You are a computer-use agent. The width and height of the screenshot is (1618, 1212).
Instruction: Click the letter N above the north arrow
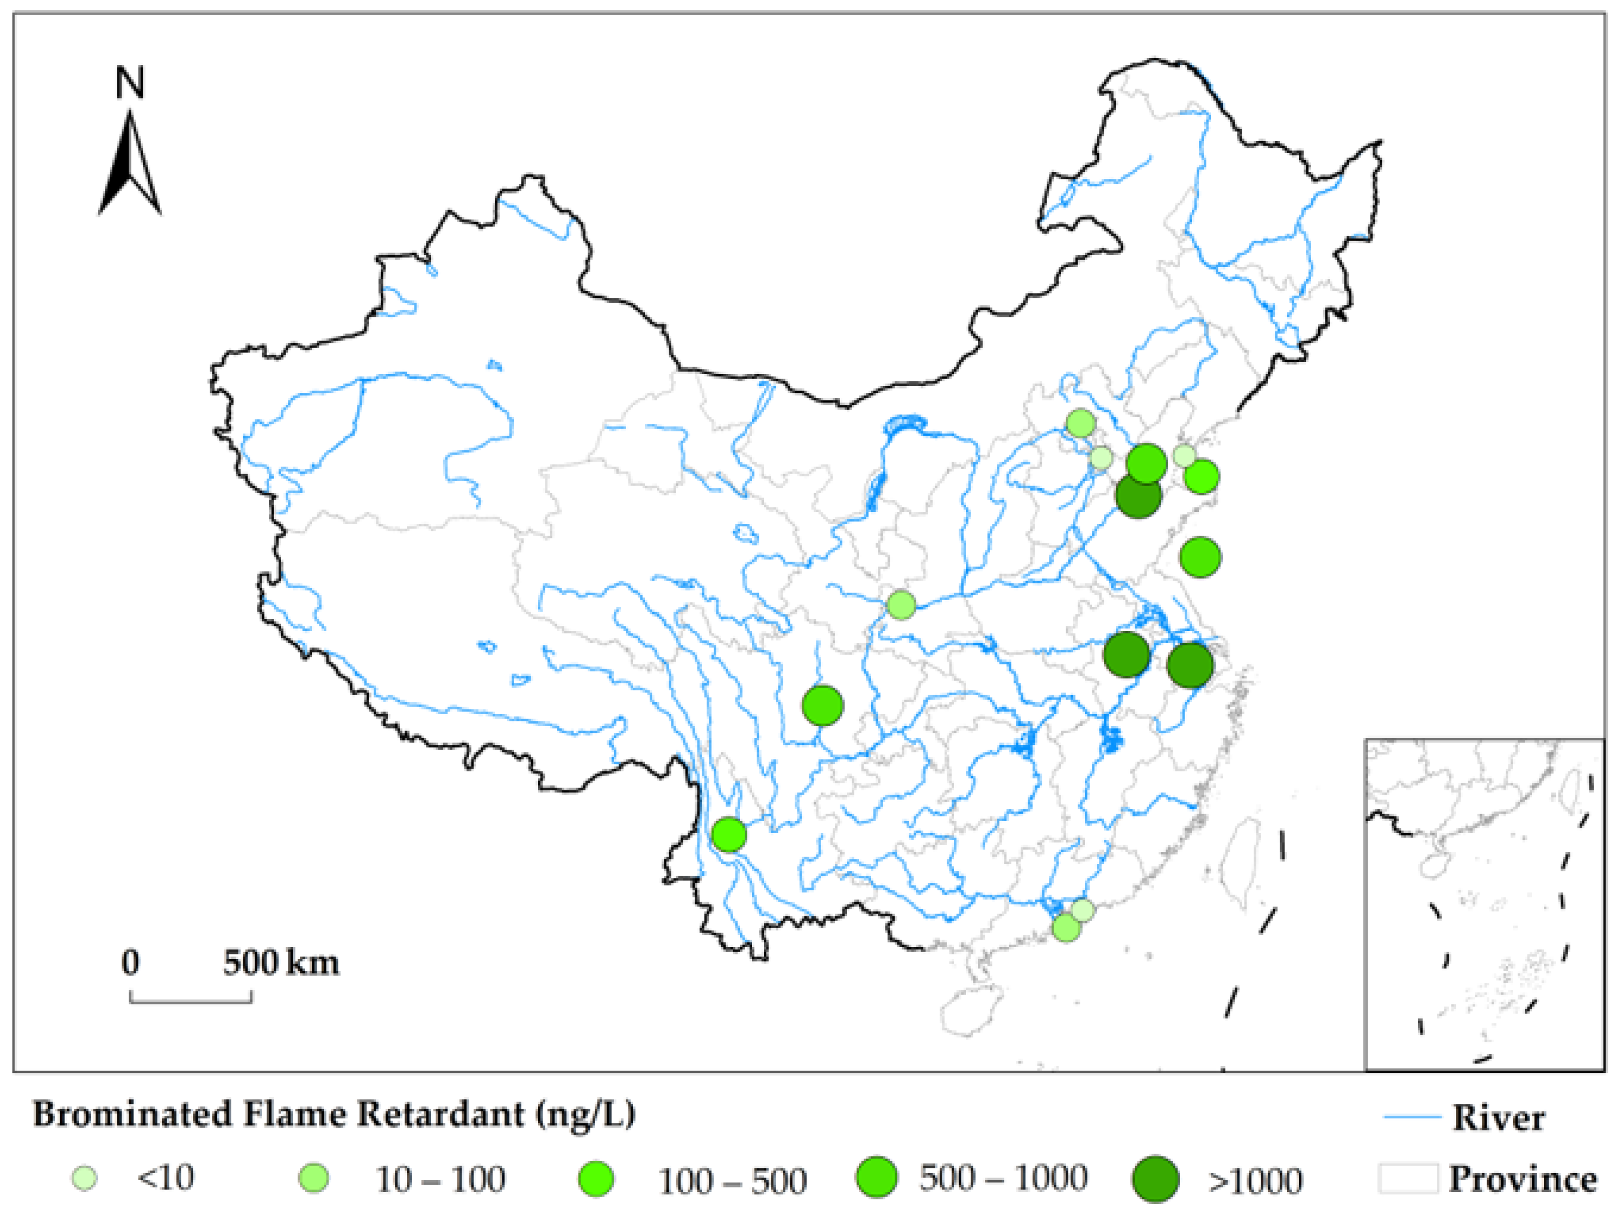click(x=130, y=83)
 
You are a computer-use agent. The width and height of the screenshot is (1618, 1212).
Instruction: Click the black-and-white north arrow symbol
click(x=130, y=164)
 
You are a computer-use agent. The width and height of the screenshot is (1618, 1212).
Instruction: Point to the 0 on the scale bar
click(x=130, y=963)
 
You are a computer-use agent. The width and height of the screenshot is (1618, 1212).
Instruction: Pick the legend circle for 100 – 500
click(x=596, y=1178)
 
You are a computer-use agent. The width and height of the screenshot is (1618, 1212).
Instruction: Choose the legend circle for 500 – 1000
click(x=876, y=1177)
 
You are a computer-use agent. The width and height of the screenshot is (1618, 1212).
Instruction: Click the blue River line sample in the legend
click(x=1411, y=1117)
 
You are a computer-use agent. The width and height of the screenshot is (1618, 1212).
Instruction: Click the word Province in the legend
click(x=1523, y=1178)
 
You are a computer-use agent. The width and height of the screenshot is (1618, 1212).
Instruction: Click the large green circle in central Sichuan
click(x=823, y=705)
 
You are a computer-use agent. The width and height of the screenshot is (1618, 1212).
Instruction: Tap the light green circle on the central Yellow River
click(x=901, y=605)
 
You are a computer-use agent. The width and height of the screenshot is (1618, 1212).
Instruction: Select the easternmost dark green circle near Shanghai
click(x=1190, y=665)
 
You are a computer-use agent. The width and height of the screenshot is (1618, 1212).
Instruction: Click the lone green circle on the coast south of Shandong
click(x=1200, y=557)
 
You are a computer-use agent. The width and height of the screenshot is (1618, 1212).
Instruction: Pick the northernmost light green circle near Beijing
click(x=1080, y=423)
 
